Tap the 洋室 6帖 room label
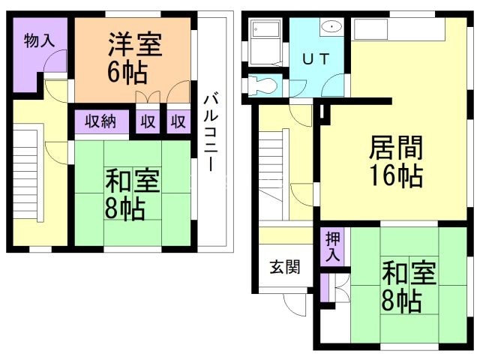click(133, 56)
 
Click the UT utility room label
click(314, 60)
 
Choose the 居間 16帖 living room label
click(394, 161)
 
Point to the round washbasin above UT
click(331, 28)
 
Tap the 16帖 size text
click(395, 177)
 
